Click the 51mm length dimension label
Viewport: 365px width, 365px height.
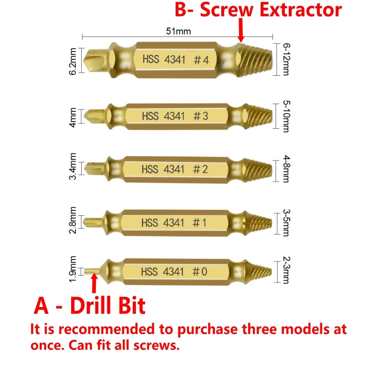click(x=177, y=31)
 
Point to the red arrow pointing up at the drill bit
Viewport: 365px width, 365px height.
click(x=94, y=283)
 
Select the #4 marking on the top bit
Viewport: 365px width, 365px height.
click(x=201, y=60)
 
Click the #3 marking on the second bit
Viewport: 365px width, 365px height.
click(x=200, y=116)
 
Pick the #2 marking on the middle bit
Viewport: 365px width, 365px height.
click(x=200, y=169)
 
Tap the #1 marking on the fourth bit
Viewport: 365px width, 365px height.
click(x=199, y=223)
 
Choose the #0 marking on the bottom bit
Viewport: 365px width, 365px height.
click(x=200, y=272)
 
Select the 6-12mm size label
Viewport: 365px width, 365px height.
click(x=286, y=60)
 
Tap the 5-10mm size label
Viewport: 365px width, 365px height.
click(x=286, y=116)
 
